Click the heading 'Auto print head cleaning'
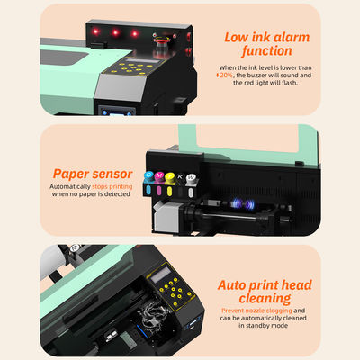tap(265, 290)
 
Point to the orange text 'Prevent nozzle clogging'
tap(257, 310)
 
